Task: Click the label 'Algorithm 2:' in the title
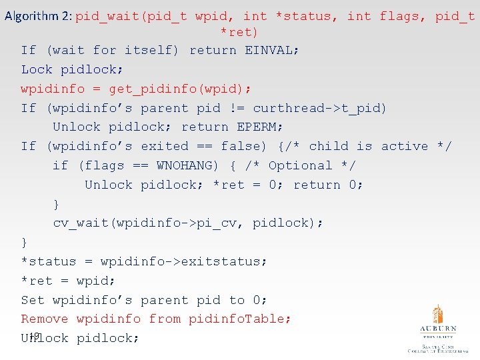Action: click(38, 16)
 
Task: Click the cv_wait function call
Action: click(81, 223)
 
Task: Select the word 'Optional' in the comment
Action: click(300, 165)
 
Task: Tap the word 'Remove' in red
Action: click(45, 319)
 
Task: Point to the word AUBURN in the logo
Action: click(437, 329)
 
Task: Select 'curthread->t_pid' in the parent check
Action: click(320, 108)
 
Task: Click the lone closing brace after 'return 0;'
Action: click(57, 204)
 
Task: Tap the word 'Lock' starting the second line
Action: click(37, 69)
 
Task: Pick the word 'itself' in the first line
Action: click(155, 50)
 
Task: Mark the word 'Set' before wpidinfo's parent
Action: click(33, 300)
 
